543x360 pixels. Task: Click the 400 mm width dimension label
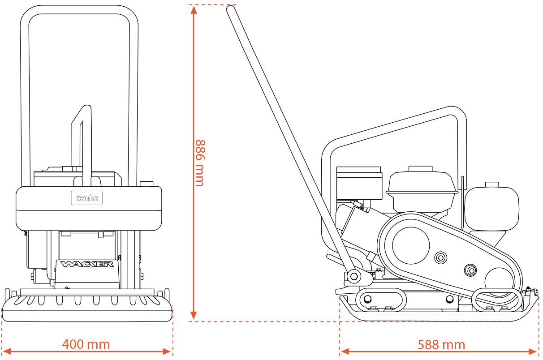[86, 344]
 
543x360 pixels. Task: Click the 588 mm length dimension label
[441, 345]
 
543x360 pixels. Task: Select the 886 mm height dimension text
[200, 163]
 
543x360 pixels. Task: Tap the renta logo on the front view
[87, 197]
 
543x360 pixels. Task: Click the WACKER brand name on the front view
[87, 264]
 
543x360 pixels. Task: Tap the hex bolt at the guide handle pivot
[354, 276]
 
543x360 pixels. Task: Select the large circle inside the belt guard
[411, 245]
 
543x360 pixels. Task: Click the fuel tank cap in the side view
[491, 184]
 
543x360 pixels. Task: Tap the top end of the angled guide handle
[231, 9]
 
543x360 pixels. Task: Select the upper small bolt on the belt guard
[441, 257]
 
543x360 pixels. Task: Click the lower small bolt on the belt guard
[470, 270]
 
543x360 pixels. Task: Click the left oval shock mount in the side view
[381, 300]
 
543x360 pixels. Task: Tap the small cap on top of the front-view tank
[147, 184]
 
